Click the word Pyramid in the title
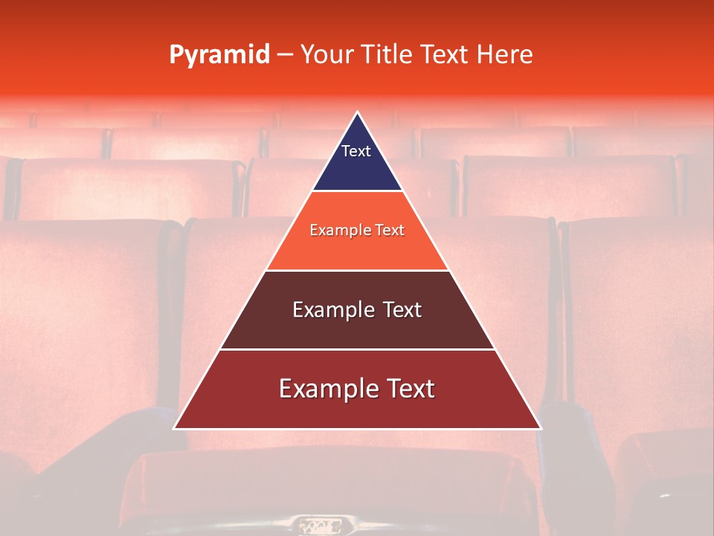(x=219, y=55)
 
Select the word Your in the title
(x=325, y=54)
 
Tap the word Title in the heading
(x=387, y=54)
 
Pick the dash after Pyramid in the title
(x=285, y=55)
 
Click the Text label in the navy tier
(x=356, y=151)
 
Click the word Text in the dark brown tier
(x=402, y=310)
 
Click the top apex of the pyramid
(x=358, y=112)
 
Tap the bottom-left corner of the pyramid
(x=175, y=428)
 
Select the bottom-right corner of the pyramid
(x=541, y=428)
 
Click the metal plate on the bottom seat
(x=320, y=526)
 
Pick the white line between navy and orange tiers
(x=358, y=191)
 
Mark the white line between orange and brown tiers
(x=358, y=270)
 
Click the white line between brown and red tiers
(x=358, y=349)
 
